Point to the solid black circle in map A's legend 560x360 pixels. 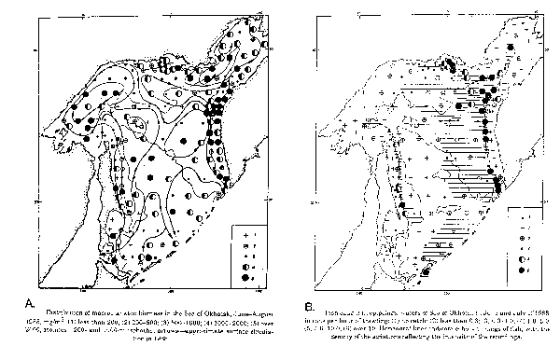pos(244,277)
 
